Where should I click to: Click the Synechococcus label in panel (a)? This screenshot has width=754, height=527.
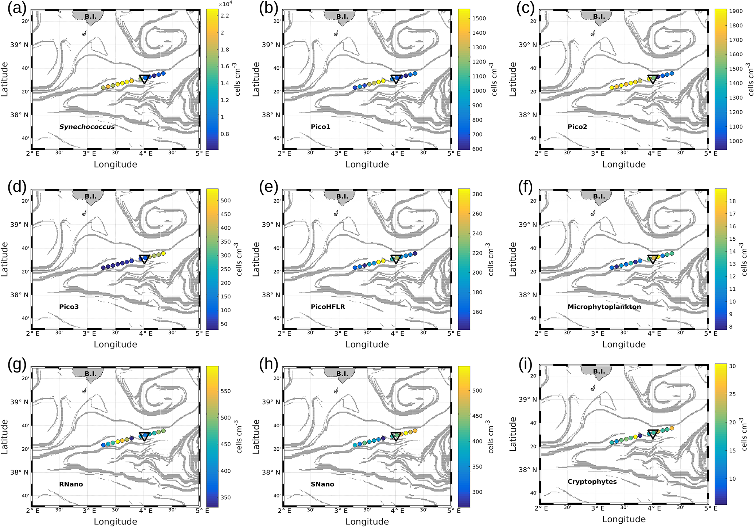tap(87, 127)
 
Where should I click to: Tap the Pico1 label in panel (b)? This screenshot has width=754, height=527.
tap(321, 127)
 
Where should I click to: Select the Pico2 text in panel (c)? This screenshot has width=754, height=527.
tap(577, 127)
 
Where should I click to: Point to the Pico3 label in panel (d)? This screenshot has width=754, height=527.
tap(69, 307)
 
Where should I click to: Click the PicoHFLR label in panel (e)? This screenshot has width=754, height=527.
tap(328, 307)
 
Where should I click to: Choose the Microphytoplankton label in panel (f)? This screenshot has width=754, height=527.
tap(604, 307)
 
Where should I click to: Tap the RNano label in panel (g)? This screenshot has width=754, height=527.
tap(71, 484)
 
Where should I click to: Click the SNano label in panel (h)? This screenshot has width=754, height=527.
tap(322, 484)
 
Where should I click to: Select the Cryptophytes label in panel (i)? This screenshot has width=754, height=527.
tap(592, 482)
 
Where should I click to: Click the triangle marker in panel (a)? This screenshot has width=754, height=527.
tap(144, 79)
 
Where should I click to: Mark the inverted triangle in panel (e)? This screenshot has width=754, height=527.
tap(396, 259)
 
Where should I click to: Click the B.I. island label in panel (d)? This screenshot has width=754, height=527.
tap(90, 196)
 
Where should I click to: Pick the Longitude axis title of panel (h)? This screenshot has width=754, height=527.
tap(367, 522)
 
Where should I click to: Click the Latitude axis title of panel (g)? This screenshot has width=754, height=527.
tap(5, 436)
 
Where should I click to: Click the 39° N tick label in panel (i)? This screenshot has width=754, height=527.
tap(528, 399)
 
